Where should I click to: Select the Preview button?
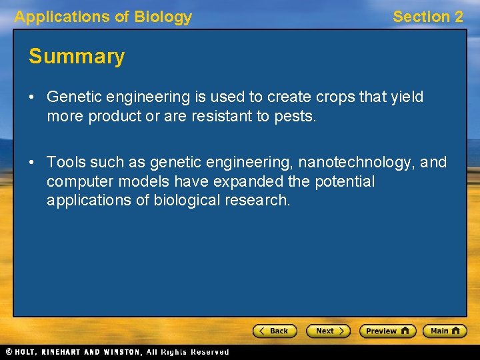[x=387, y=331]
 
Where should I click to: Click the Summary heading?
[x=77, y=57]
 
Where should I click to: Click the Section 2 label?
[x=427, y=17]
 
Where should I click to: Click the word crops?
[x=333, y=97]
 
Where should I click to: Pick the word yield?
[x=408, y=97]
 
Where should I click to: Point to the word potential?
[x=344, y=181]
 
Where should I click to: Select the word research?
[x=257, y=200]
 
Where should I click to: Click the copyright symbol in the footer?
[x=9, y=352]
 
